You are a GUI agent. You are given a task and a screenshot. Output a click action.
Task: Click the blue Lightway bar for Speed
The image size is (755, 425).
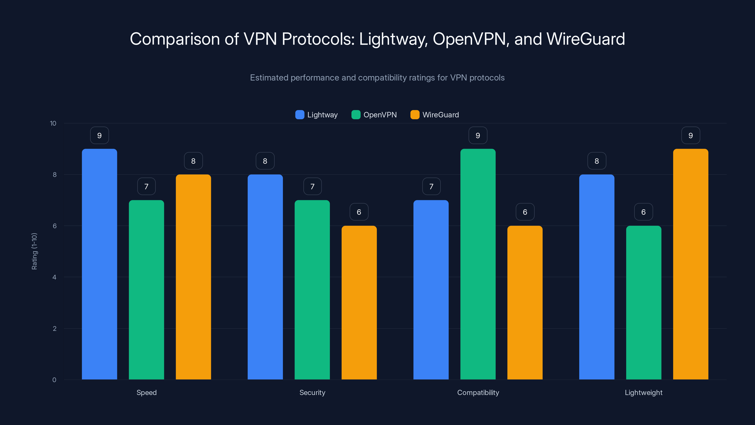(99, 264)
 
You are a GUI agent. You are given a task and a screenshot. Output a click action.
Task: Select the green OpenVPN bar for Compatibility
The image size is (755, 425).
(478, 264)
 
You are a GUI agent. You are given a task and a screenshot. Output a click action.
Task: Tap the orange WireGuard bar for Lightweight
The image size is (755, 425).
(691, 264)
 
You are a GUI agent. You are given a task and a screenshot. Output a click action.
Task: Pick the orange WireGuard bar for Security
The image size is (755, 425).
(359, 302)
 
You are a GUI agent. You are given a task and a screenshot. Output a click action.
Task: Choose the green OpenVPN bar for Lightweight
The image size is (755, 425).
(644, 302)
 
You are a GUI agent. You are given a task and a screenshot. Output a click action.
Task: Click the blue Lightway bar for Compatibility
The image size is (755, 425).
(431, 290)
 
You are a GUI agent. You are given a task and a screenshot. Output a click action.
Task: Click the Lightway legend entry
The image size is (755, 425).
(317, 115)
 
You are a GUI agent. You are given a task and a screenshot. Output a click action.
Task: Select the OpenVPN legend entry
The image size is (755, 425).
(374, 115)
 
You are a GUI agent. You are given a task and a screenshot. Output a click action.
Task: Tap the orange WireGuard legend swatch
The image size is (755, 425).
(415, 115)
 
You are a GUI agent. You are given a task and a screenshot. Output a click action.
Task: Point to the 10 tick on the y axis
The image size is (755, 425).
(53, 123)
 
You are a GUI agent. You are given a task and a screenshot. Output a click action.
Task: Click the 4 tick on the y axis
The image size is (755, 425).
(54, 277)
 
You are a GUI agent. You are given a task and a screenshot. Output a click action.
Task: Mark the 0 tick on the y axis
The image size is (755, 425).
(54, 380)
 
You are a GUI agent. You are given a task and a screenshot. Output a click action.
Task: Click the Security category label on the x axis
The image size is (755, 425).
(312, 392)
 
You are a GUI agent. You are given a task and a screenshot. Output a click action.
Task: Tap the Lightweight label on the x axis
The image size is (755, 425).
(643, 392)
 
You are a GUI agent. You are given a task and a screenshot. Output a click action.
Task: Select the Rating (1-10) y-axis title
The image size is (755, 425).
(34, 251)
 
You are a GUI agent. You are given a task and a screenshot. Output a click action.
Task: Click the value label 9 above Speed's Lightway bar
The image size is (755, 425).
(99, 136)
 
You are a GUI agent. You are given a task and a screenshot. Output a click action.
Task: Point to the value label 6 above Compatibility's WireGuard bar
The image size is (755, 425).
(525, 212)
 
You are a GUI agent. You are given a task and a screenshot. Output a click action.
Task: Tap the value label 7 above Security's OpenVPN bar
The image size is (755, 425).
(312, 186)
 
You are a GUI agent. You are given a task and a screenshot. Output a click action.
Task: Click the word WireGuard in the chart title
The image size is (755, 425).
(586, 39)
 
